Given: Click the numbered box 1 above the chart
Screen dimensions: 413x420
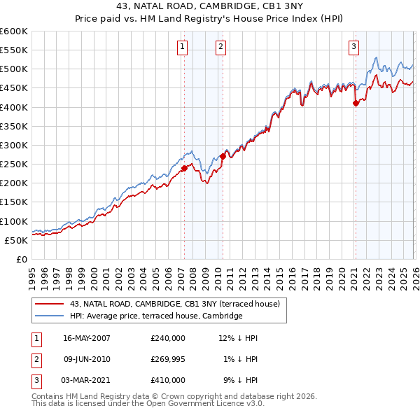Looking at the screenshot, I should click(x=182, y=47).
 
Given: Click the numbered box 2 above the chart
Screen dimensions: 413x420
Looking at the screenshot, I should click(x=220, y=47).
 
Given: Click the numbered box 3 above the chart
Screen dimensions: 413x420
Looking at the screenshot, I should click(x=353, y=47).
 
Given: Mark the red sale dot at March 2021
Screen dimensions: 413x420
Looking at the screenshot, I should click(x=356, y=103).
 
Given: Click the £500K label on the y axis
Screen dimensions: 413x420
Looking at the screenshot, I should click(x=14, y=69).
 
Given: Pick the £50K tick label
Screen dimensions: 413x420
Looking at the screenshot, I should click(x=17, y=240).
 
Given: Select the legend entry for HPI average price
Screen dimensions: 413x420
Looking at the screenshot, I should click(x=155, y=316).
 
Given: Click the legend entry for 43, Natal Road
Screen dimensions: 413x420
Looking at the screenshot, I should click(x=174, y=304).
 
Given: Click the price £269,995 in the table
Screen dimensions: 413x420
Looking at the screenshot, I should click(x=168, y=359).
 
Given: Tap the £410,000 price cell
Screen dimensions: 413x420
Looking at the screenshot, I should click(x=168, y=380).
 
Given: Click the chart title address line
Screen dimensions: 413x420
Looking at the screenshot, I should click(x=210, y=8).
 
